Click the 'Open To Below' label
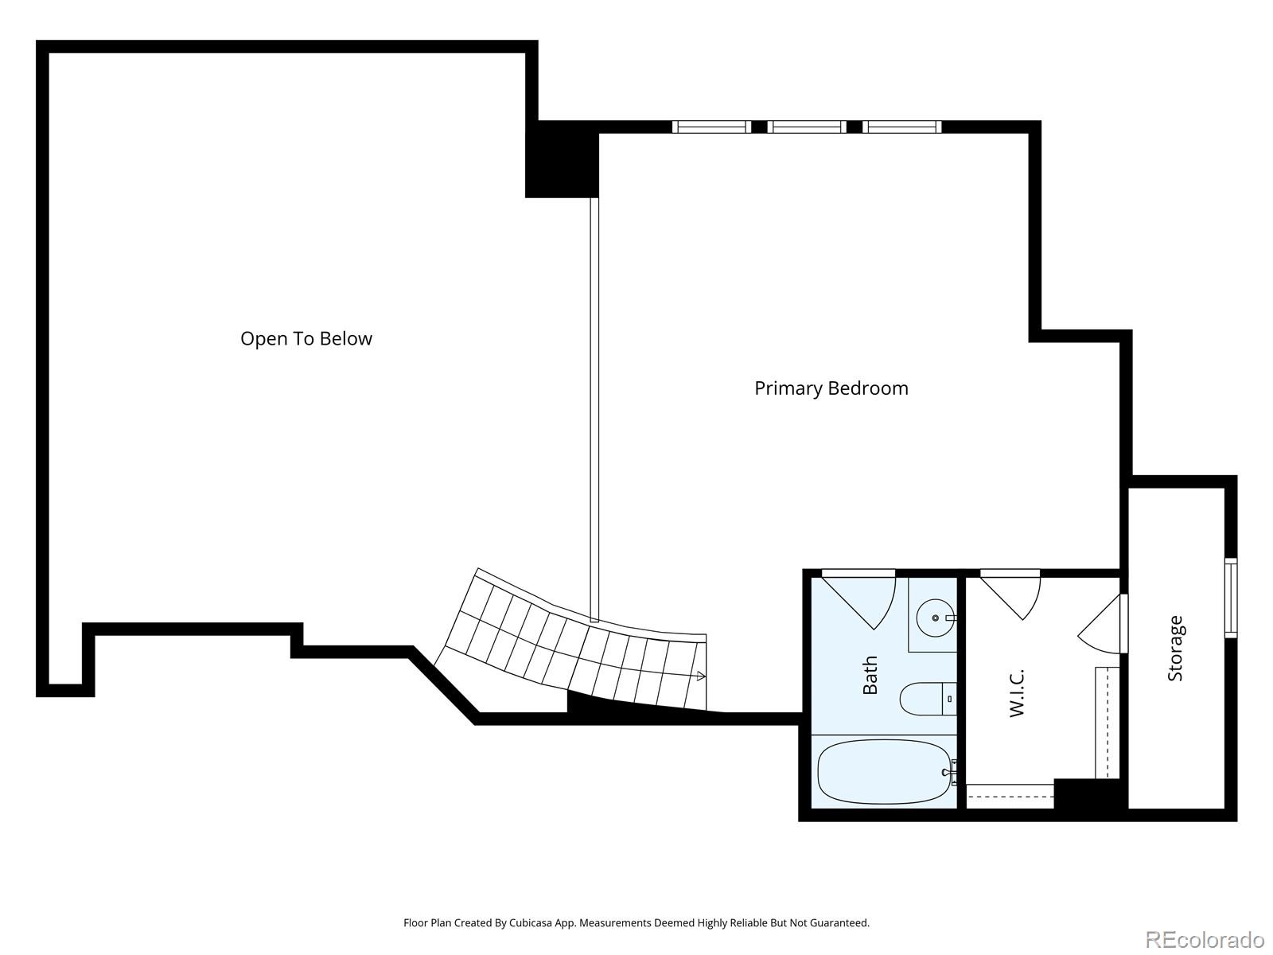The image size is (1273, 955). tap(306, 339)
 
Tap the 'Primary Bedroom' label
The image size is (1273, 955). tap(831, 388)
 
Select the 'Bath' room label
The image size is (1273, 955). tap(870, 675)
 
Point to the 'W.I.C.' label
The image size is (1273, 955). tap(1018, 693)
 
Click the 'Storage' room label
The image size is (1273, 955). tap(1175, 649)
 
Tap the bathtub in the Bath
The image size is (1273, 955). tap(884, 772)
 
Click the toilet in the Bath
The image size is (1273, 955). tap(928, 699)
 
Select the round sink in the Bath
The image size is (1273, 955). tap(936, 618)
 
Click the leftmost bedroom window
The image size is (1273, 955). tap(711, 127)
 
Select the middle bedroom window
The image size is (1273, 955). tap(807, 127)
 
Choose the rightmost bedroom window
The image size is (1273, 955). tap(901, 127)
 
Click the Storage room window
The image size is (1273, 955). tap(1231, 598)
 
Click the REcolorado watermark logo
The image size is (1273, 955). tap(1205, 939)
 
